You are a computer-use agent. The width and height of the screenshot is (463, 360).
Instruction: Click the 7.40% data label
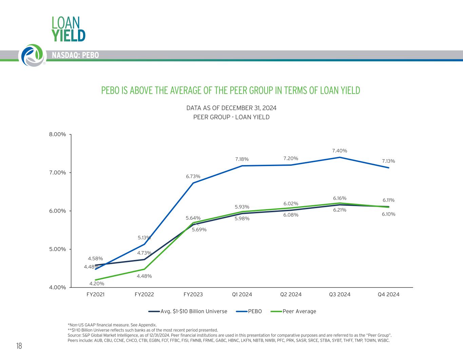(x=340, y=151)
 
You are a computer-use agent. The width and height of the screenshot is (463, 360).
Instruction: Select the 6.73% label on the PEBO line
(x=193, y=176)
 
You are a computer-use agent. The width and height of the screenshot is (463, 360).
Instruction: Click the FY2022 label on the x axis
(x=144, y=294)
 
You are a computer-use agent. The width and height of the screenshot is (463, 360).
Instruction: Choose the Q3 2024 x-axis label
(x=340, y=294)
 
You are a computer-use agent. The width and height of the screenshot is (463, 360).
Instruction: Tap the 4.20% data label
(x=97, y=283)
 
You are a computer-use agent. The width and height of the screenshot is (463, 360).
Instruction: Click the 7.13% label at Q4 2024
(x=388, y=161)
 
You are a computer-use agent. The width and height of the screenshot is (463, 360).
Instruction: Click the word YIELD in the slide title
(x=68, y=35)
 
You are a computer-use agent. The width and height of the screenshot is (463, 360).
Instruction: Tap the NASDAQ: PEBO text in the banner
(x=75, y=55)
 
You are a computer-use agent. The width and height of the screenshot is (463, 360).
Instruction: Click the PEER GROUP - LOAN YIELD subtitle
(x=231, y=117)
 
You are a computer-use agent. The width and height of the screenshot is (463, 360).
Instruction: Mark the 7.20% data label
(x=291, y=158)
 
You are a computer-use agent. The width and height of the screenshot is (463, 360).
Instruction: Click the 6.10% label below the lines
(x=388, y=214)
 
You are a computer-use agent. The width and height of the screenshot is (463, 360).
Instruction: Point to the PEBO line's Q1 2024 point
(x=242, y=166)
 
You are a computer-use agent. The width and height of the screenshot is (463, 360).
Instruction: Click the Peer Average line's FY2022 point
(x=144, y=269)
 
